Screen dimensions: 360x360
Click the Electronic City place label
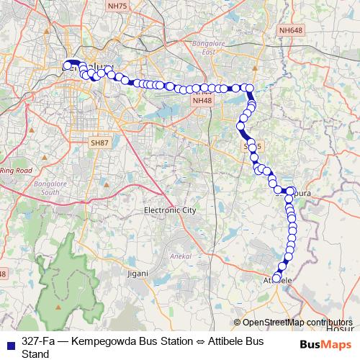(170, 210)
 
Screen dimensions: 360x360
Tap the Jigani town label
(137, 273)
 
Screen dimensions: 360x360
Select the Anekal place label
(178, 256)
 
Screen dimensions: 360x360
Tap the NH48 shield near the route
(202, 100)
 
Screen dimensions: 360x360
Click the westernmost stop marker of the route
(67, 66)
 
